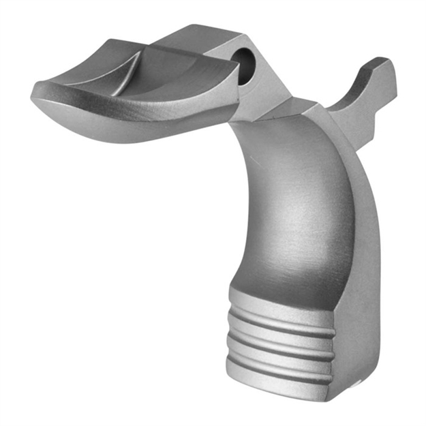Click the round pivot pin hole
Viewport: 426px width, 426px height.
click(245, 63)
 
